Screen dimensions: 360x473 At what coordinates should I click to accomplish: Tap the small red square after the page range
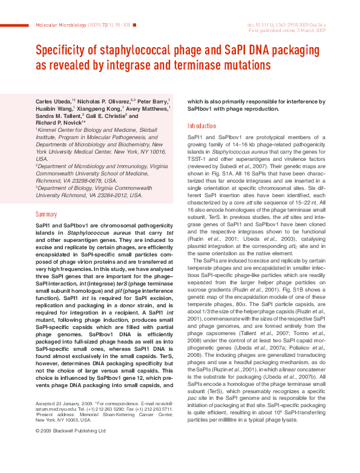tap(134, 25)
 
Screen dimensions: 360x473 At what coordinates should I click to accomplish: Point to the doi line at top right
tap(287, 25)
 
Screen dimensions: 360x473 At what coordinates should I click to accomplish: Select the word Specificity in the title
tap(67, 50)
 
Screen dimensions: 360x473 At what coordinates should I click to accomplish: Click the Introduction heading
tap(201, 126)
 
